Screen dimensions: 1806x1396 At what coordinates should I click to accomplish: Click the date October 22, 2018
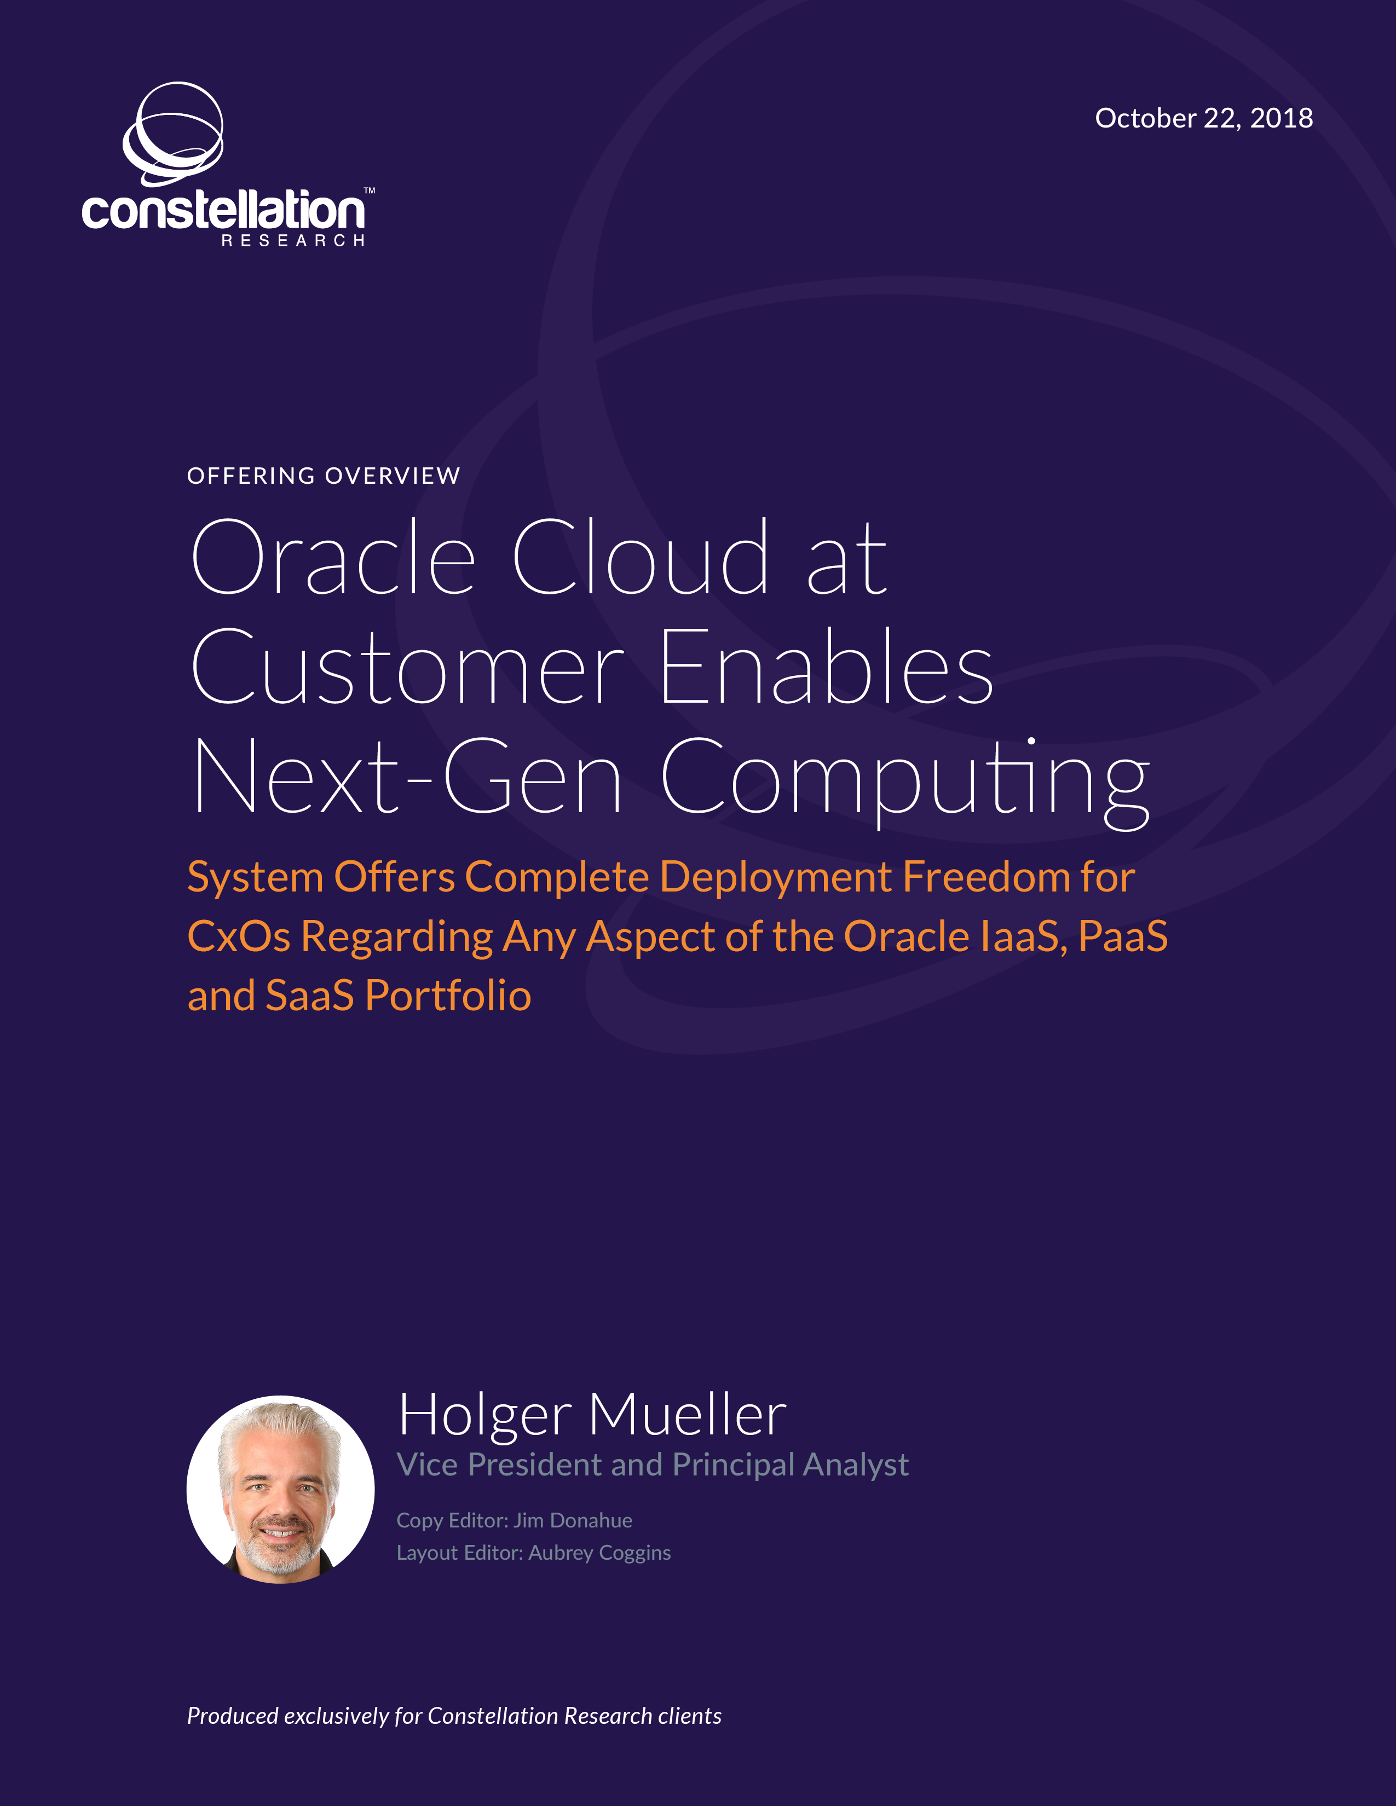tap(1203, 118)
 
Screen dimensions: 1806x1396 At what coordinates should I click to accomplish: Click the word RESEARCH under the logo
tap(293, 241)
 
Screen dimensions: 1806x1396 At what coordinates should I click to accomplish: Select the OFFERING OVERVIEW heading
tap(324, 476)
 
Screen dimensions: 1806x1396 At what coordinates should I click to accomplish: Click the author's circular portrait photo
tap(280, 1489)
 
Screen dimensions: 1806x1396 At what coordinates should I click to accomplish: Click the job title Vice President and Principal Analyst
tap(653, 1465)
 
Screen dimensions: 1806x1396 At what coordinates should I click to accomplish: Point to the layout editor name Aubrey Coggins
tap(599, 1553)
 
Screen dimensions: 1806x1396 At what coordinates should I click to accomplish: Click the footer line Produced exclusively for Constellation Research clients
tap(454, 1716)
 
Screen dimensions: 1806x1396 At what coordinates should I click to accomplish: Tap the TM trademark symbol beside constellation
tap(370, 191)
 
